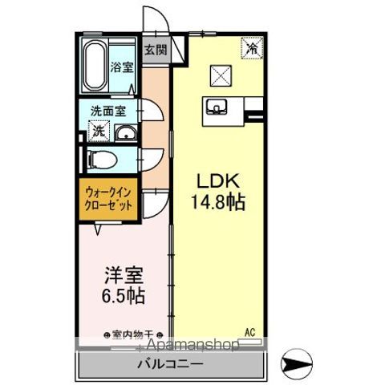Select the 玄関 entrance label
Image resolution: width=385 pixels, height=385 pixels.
[156, 50]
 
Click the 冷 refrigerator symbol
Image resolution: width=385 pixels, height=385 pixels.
[252, 47]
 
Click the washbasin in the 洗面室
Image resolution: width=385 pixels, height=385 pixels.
[124, 132]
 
